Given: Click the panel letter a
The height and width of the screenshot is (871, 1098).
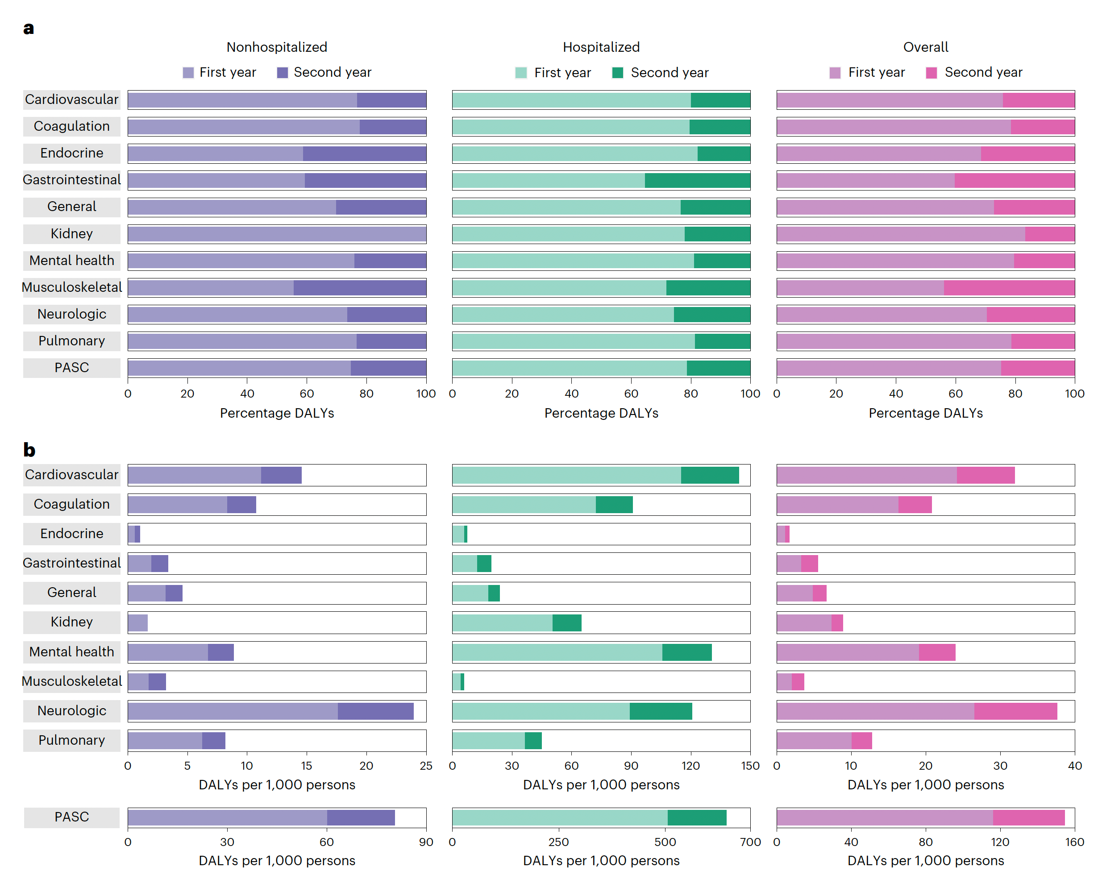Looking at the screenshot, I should pos(29,28).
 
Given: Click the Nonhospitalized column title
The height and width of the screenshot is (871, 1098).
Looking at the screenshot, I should pos(277,47).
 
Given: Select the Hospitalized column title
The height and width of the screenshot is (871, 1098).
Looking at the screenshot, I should pos(601,47).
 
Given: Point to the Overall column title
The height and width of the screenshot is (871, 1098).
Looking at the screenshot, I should pos(925,47).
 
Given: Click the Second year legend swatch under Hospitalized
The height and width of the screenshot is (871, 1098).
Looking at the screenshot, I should pos(617,73).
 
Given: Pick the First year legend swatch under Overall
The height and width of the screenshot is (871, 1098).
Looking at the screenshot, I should pos(835,73).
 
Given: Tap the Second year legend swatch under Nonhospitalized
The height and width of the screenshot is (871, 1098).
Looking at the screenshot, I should pos(282,73).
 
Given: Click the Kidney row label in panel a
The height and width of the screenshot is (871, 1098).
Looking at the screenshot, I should pos(72,234).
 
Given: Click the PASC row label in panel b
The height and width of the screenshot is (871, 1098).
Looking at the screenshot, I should pos(72,817).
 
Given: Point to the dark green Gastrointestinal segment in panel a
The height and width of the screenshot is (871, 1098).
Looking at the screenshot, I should pos(697,180).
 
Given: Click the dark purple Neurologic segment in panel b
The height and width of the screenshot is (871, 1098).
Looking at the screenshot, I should pos(375,711).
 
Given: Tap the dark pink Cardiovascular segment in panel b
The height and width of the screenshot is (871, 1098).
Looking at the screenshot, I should pos(986,475).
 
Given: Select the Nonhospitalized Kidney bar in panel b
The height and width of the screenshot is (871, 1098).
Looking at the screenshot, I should pos(137,622).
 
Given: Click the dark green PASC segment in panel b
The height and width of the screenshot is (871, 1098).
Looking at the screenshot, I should pos(697,817).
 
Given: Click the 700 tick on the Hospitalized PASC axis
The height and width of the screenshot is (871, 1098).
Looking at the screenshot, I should pos(750,842).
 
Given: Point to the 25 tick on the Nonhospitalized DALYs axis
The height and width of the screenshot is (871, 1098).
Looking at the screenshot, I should pos(426,766).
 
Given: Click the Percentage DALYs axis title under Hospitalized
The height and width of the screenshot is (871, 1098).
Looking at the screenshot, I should pos(601,413).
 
